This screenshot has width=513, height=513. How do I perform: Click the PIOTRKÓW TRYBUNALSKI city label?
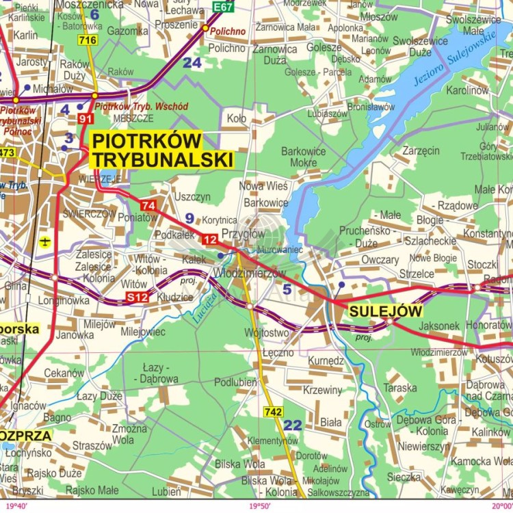click(162, 150)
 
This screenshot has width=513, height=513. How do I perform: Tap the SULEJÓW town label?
click(385, 311)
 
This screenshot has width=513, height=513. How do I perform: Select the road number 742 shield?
click(273, 412)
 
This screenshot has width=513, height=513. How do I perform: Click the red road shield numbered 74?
click(148, 205)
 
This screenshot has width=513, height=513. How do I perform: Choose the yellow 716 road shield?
click(88, 41)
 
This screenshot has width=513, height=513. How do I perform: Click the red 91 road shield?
click(85, 119)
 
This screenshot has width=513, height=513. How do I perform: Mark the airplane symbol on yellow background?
click(45, 241)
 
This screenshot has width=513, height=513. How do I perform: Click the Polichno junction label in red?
click(228, 31)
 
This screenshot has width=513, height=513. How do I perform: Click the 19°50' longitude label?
click(261, 506)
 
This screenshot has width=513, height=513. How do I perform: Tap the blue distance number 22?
click(292, 425)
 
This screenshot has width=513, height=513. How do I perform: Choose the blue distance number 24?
click(192, 63)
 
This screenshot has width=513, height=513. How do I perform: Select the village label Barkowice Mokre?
click(304, 157)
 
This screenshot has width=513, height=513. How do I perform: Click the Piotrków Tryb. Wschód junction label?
click(141, 107)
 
